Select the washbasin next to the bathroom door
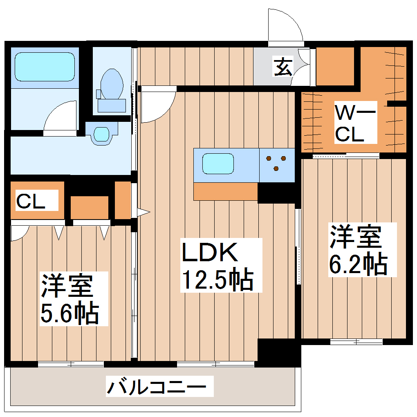coord(101,134)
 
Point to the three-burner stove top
coord(276,162)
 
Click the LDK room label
coord(210,253)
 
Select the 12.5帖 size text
coord(217,279)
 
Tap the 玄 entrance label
coord(283,66)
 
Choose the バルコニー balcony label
coord(160,386)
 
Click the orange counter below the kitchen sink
coord(225,191)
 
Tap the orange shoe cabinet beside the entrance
coord(335,66)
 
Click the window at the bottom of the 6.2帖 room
coord(356,341)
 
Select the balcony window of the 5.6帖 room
coord(71,364)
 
